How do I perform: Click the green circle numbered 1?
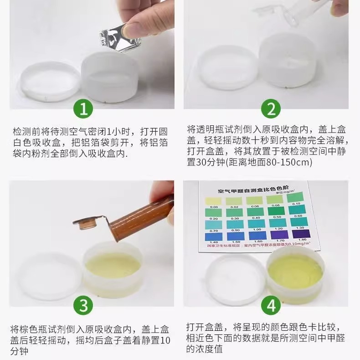pyautogui.click(x=83, y=110)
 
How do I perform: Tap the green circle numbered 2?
pyautogui.click(x=272, y=110)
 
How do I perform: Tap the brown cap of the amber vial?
pyautogui.click(x=84, y=224)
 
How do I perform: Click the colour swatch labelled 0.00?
pyautogui.click(x=213, y=201)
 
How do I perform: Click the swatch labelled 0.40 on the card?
pyautogui.click(x=255, y=212)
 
